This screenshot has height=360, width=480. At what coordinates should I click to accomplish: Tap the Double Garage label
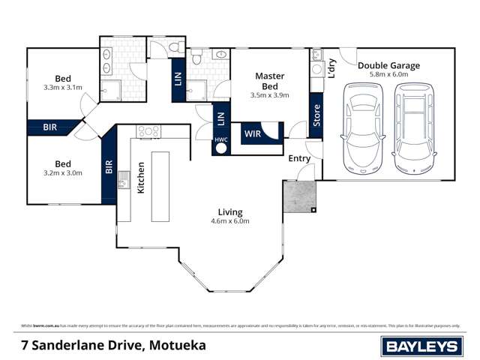(x=388, y=65)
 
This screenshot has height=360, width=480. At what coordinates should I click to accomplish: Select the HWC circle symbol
(x=220, y=146)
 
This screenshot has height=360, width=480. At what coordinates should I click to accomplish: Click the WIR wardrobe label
(x=252, y=135)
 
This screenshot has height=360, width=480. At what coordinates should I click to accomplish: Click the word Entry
(x=299, y=158)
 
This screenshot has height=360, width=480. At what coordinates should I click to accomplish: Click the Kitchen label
(x=140, y=179)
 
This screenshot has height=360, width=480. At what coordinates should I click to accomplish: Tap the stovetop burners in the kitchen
(x=145, y=132)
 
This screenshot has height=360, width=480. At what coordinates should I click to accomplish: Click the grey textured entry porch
(x=299, y=197)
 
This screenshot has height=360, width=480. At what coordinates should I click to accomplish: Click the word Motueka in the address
(x=177, y=346)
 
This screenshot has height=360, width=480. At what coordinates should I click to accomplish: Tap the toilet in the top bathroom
(x=174, y=47)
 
